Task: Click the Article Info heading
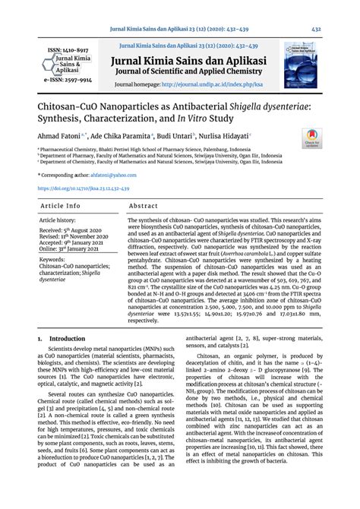tap(60, 206)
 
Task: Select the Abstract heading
tap(144, 206)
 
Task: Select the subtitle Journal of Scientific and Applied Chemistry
tap(203, 73)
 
